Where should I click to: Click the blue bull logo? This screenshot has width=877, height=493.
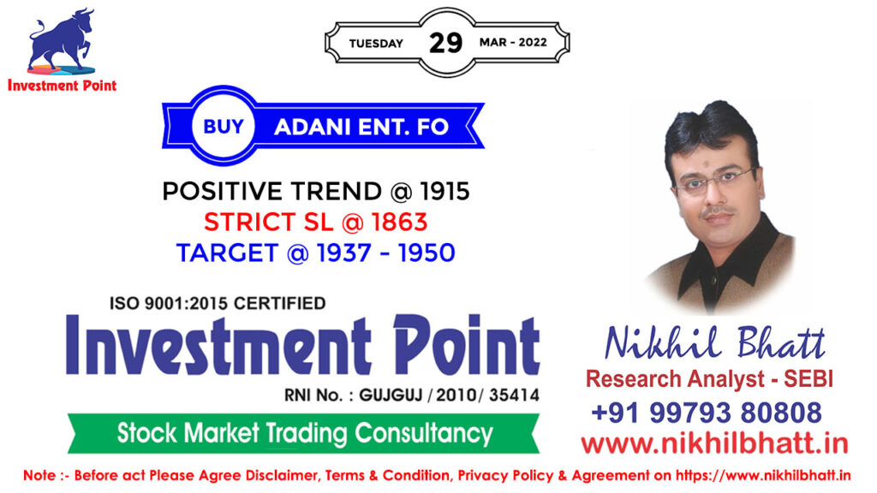61,41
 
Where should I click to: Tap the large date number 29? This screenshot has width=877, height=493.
445,43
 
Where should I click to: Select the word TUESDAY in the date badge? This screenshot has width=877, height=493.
376,44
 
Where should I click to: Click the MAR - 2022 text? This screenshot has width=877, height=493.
513,43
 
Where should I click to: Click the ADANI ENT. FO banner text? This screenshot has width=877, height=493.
361,127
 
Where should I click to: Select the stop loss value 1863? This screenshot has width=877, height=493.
399,223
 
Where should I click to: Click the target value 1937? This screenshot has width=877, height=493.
344,253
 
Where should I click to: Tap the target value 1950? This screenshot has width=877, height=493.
427,253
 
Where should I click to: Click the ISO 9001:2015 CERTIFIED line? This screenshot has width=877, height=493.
218,304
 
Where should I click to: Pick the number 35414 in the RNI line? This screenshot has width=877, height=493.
514,395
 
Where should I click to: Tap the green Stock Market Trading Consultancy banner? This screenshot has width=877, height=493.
303,433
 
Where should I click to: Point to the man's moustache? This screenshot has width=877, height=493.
718,212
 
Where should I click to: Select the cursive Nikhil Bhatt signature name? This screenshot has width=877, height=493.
715,342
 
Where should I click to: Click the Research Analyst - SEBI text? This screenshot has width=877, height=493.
709,379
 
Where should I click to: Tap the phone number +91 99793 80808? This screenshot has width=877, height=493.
707,413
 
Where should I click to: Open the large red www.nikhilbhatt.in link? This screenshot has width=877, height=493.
714,444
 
